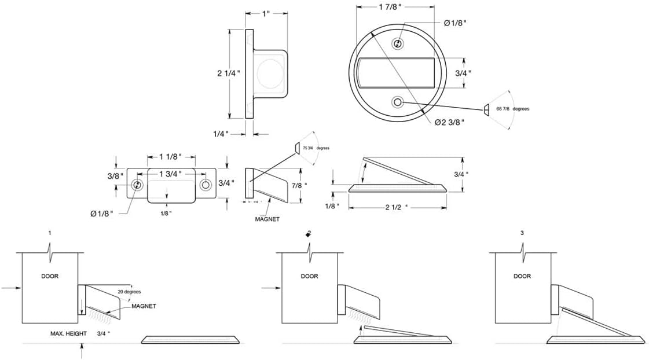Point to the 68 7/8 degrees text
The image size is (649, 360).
513,108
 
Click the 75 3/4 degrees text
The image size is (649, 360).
316,148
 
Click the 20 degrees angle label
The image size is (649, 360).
129,292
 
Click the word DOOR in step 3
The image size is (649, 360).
522,276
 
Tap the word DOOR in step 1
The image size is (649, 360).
49,276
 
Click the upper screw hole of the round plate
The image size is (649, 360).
398,44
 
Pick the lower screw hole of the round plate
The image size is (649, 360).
398,102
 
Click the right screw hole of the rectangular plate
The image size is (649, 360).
206,185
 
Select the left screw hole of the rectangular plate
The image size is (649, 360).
137,185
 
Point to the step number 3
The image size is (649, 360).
522,233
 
